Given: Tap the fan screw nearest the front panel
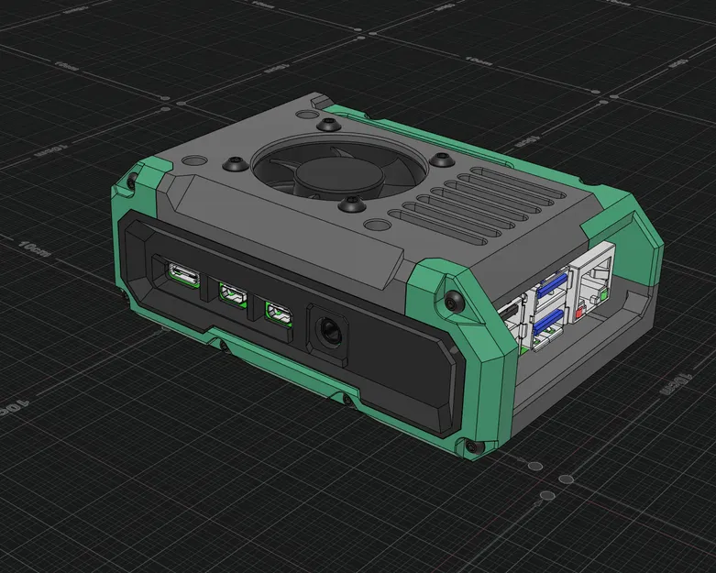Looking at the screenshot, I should tap(351, 205).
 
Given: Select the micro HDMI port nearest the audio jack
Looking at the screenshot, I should tap(278, 314).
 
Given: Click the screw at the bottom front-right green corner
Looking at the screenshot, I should tap(471, 447).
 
